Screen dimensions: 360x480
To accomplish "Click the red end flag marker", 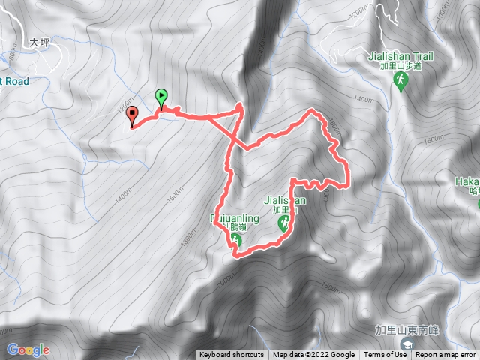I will [x=133, y=115].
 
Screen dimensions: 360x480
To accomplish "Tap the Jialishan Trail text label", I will [x=400, y=55].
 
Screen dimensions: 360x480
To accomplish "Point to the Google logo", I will [x=28, y=349].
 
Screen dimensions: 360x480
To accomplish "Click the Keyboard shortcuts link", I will [x=232, y=355].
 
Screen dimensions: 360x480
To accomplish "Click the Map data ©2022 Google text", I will [x=313, y=355].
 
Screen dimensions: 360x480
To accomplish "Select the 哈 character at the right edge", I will [x=475, y=192].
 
